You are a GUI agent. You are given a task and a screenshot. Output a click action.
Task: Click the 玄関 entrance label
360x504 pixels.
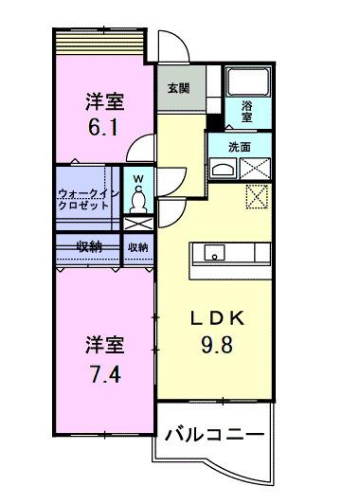tap(177, 88)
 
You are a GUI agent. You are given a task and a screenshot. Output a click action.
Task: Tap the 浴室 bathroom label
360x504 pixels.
tap(246, 112)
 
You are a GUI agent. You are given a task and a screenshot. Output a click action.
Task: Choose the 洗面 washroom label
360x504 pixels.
tap(240, 147)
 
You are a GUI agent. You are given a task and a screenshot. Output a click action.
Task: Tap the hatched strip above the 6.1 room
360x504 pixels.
tap(98, 43)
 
